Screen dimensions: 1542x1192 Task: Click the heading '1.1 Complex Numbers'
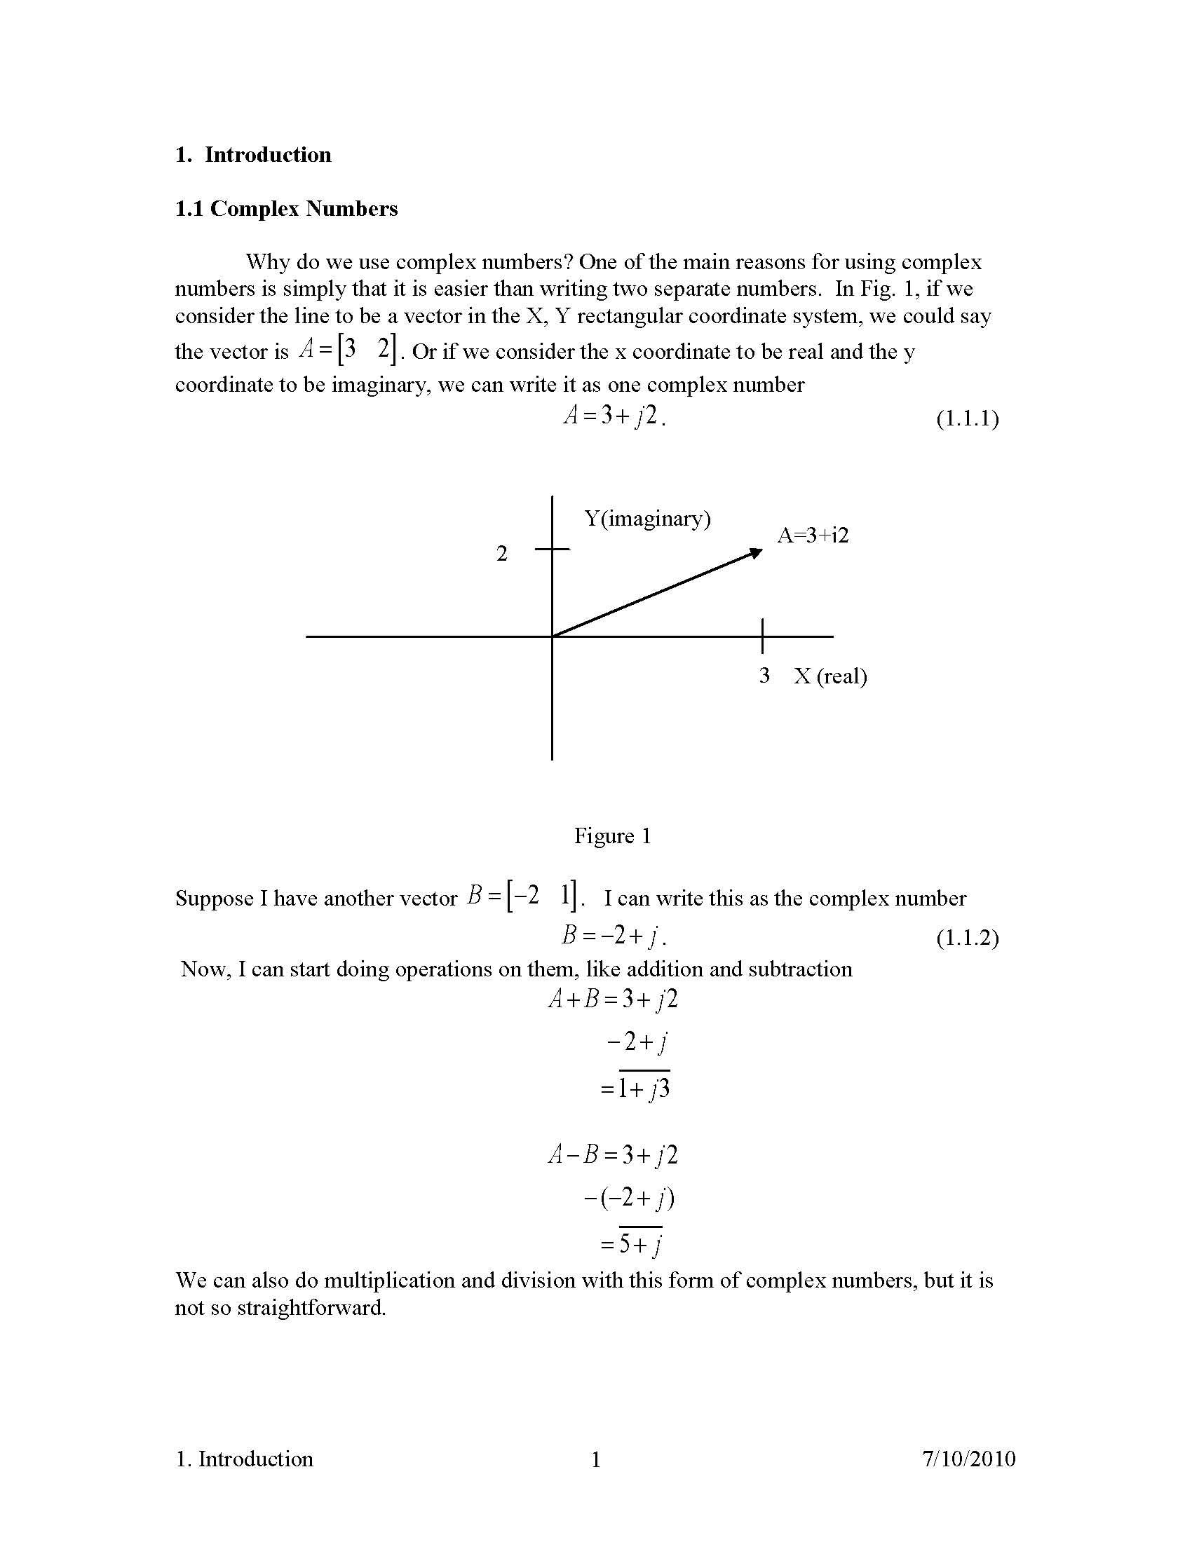(286, 209)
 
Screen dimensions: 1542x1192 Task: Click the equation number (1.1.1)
(967, 419)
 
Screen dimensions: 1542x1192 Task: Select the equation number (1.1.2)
(967, 939)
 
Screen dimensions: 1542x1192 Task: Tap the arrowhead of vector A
(757, 552)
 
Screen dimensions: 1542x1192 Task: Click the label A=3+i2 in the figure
(813, 535)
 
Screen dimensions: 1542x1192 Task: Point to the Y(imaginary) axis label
(647, 519)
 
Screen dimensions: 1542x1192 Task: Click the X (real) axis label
(830, 676)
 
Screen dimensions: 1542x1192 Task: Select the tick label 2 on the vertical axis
(501, 554)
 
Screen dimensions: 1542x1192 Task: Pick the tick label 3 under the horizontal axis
(764, 676)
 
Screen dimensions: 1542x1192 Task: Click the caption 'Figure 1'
(612, 836)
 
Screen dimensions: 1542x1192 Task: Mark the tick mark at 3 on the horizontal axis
(762, 636)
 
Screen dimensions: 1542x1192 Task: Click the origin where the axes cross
(552, 636)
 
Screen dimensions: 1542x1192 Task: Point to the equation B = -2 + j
(613, 936)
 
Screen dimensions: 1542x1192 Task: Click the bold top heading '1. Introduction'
(253, 156)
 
